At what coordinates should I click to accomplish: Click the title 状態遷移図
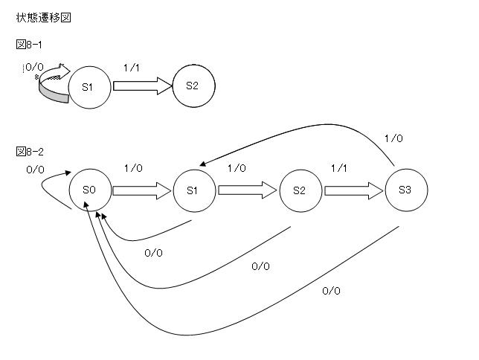[x=44, y=17]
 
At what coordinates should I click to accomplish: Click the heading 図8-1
[x=29, y=45]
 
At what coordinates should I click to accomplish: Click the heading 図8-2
[x=29, y=152]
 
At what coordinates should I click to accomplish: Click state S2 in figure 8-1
[x=193, y=86]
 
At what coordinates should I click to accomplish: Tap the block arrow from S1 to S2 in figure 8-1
[x=142, y=86]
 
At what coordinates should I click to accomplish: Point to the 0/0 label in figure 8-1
[x=34, y=67]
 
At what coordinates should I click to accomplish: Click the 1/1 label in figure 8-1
[x=132, y=67]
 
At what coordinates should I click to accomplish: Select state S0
[x=89, y=190]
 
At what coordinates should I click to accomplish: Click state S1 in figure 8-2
[x=193, y=190]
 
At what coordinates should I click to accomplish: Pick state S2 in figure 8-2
[x=300, y=190]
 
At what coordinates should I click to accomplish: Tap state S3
[x=406, y=190]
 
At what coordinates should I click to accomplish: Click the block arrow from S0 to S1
[x=141, y=190]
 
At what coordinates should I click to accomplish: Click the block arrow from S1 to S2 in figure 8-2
[x=248, y=190]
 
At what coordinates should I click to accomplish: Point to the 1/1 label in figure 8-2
[x=338, y=169]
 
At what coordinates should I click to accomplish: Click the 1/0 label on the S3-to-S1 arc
[x=393, y=138]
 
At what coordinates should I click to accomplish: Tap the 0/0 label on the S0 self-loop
[x=35, y=170]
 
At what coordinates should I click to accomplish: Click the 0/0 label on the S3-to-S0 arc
[x=331, y=291]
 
